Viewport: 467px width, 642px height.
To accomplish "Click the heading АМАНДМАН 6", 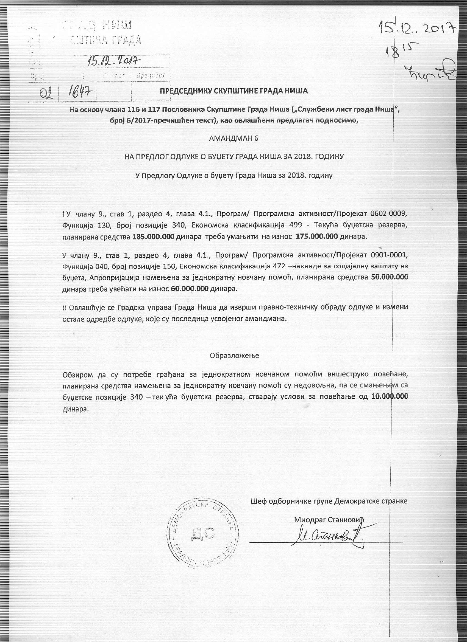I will (x=234, y=139).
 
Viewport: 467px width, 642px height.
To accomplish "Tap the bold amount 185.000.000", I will (x=153, y=237).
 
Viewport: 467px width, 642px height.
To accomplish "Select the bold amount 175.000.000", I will (x=317, y=237).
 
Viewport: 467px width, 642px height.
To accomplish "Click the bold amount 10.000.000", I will (x=390, y=396).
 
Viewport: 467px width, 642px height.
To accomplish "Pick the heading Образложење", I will (x=234, y=356).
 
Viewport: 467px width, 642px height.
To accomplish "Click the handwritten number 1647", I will (x=79, y=91).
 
